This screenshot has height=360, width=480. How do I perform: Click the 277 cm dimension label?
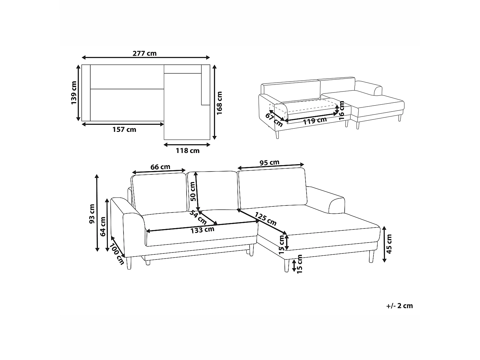pyautogui.click(x=145, y=53)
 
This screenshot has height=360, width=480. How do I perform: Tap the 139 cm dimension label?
pyautogui.click(x=74, y=93)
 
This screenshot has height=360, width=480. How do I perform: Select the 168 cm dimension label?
pyautogui.click(x=219, y=103)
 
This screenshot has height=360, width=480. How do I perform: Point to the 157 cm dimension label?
pyautogui.click(x=124, y=130)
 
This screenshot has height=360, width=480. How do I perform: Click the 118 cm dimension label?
pyautogui.click(x=188, y=151)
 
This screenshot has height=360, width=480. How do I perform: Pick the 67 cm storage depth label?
pyautogui.click(x=274, y=120)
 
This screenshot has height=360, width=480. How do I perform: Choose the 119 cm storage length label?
pyautogui.click(x=315, y=120)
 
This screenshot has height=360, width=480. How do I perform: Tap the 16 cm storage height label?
pyautogui.click(x=341, y=110)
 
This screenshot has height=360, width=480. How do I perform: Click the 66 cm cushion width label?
pyautogui.click(x=160, y=167)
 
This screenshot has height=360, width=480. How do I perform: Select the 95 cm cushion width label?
pyautogui.click(x=269, y=163)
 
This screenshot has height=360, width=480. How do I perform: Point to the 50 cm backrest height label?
pyautogui.click(x=193, y=191)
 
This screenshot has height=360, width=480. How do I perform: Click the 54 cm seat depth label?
pyautogui.click(x=198, y=217)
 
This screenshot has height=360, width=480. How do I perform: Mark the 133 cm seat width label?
pyautogui.click(x=202, y=230)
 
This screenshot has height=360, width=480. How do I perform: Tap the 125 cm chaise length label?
pyautogui.click(x=266, y=219)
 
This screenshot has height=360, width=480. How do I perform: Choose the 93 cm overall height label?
pyautogui.click(x=92, y=214)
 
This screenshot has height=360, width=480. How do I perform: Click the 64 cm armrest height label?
pyautogui.click(x=103, y=227)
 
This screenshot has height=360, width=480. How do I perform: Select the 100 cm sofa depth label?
pyautogui.click(x=117, y=254)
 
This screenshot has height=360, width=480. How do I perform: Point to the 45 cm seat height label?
pyautogui.click(x=389, y=244)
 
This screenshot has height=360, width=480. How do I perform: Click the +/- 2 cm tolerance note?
pyautogui.click(x=400, y=306)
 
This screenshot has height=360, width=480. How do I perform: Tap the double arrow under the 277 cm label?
pyautogui.click(x=146, y=58)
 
